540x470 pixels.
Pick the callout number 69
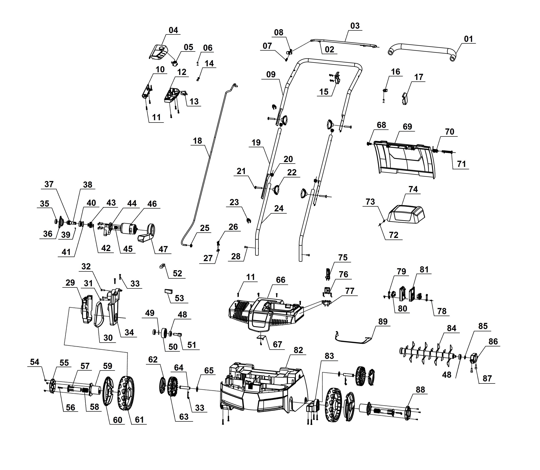pyautogui.click(x=407, y=127)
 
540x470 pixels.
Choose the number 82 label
pyautogui.click(x=298, y=350)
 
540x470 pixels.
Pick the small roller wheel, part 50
pyautogui.click(x=165, y=333)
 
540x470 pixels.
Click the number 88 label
pyautogui.click(x=420, y=390)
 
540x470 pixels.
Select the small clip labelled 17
pyautogui.click(x=405, y=98)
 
